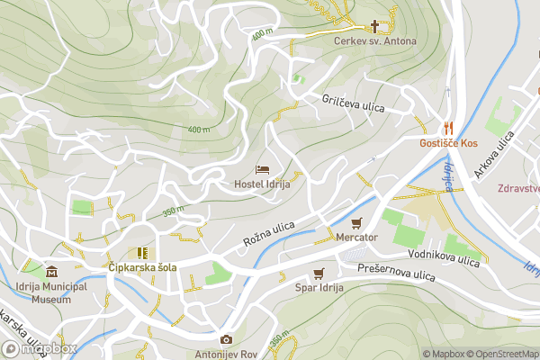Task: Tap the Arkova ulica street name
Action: (494, 148)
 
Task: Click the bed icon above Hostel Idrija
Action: (262, 169)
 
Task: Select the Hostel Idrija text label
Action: (262, 184)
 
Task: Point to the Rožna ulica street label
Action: (269, 237)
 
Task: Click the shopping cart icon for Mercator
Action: (356, 222)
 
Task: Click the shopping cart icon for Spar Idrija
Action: (318, 273)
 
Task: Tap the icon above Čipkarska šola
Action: (142, 253)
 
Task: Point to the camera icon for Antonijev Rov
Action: (226, 339)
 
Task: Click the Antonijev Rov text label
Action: (226, 354)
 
